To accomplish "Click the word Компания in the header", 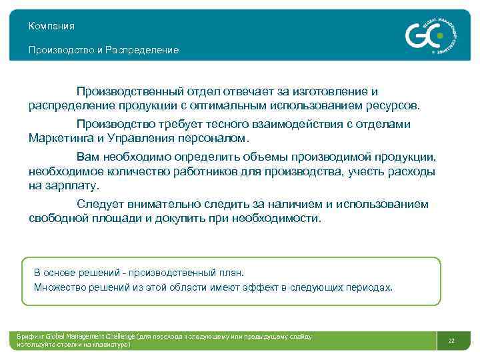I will [x=51, y=26].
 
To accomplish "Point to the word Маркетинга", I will [x=63, y=139].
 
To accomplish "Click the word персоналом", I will [x=213, y=139].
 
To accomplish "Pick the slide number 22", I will [x=451, y=341].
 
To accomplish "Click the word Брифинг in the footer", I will [x=31, y=337].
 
